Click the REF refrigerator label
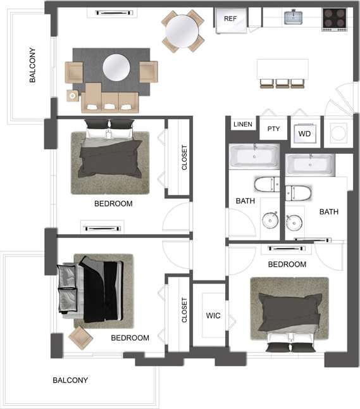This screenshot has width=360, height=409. point(230,18)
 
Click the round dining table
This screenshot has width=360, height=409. point(182,28)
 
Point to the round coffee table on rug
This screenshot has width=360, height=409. point(116,67)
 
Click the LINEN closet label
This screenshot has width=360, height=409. point(242,125)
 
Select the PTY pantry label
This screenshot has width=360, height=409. point(273,129)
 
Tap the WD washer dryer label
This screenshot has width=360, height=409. point(304,134)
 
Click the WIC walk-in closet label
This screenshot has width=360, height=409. point(213,315)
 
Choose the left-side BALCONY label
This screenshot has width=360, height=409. point(33,65)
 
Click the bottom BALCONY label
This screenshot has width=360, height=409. point(70,381)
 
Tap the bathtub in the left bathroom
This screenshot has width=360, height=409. point(254,155)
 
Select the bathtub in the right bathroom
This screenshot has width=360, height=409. point(310,164)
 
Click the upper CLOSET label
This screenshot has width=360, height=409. point(185,158)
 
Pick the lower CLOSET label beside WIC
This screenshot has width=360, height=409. point(185,310)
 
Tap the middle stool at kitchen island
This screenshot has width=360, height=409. point(282,83)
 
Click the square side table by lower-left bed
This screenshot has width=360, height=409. point(80,337)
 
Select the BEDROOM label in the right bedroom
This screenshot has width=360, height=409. point(287,264)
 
